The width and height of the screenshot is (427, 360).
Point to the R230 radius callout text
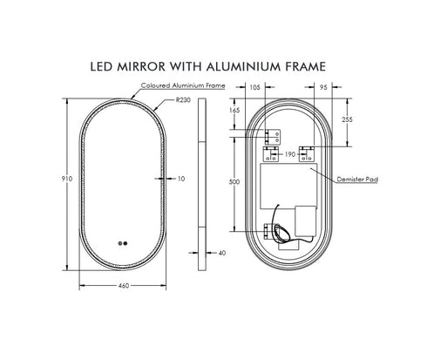coord(183,100)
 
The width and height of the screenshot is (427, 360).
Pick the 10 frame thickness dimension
coord(181,179)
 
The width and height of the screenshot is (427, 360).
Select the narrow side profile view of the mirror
coord(202,179)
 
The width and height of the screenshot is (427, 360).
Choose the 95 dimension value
coord(322,88)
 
